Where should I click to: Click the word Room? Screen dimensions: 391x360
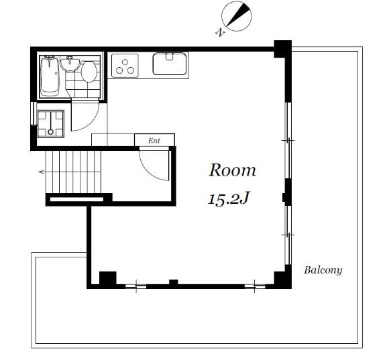click(233, 170)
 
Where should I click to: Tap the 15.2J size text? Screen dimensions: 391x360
click(229, 199)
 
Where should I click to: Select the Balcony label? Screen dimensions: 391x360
click(323, 270)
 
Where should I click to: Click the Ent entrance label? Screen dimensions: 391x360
click(154, 141)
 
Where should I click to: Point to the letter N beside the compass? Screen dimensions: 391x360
click(220, 33)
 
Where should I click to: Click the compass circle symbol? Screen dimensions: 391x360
click(237, 16)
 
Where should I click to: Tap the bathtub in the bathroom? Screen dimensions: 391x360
click(50, 76)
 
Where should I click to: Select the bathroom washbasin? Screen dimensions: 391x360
click(70, 64)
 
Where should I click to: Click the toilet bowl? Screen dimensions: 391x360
click(89, 71)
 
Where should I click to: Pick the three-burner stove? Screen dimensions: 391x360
click(125, 66)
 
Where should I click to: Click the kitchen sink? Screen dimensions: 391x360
click(170, 64)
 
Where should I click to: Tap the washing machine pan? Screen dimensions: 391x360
click(50, 124)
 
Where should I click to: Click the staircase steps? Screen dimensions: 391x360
click(73, 172)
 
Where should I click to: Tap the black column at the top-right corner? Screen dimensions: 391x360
click(283, 49)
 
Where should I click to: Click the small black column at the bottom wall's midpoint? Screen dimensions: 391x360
click(174, 282)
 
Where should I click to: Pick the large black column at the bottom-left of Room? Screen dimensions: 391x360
click(108, 278)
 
